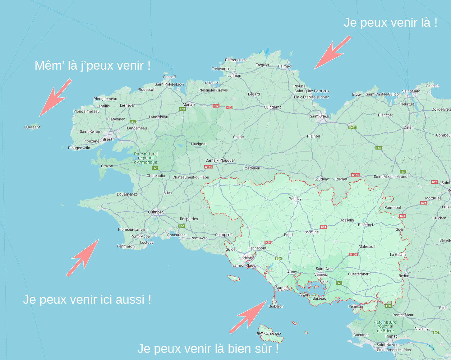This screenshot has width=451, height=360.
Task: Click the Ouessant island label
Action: pos(32,127)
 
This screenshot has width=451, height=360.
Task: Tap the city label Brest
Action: pos(108,139)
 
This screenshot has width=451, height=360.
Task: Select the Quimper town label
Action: pos(155,212)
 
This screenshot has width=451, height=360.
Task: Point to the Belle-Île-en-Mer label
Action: pos(269,334)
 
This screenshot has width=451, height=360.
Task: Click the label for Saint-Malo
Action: pos(411,91)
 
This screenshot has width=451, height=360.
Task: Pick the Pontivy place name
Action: pos(295,199)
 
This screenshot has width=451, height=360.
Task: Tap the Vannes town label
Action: pos(320,275)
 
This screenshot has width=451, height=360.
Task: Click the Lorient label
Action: pos(245,258)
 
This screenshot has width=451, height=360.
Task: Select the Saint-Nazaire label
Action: pos(388,345)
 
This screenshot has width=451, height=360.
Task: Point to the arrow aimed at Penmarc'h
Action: pos(83,258)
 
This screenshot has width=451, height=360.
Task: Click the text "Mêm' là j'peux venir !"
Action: pos(92,66)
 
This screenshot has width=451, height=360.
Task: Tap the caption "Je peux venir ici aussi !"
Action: pos(87,299)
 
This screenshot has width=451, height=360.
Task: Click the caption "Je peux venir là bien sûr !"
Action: pos(208,348)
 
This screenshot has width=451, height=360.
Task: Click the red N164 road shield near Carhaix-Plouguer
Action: pos(208,167)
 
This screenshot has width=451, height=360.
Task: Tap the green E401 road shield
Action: pos(352,127)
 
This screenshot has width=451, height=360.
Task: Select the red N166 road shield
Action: pos(353,255)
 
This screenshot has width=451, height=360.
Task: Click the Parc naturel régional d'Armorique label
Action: pos(146,158)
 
